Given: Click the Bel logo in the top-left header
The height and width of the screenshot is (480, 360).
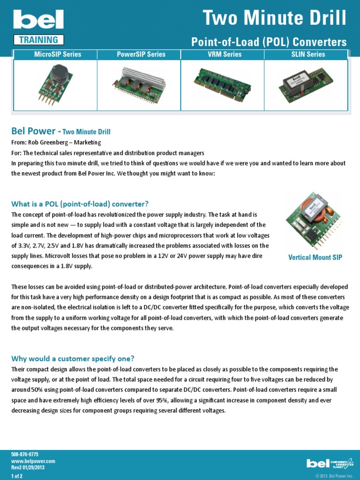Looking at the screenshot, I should [38, 20].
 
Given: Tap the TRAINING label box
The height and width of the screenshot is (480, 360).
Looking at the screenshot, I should [38, 40].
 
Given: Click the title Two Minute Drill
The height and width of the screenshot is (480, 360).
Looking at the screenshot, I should [275, 18].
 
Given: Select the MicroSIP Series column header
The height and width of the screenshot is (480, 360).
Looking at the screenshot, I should [58, 54].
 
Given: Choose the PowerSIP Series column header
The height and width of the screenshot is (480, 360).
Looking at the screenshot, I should [141, 54].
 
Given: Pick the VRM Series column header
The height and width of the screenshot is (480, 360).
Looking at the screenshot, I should [225, 54].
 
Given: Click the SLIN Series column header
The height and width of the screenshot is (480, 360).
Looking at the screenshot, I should [308, 54].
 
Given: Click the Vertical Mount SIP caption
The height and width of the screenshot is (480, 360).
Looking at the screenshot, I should [315, 257].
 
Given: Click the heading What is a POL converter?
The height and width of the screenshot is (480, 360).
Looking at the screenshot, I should [80, 204].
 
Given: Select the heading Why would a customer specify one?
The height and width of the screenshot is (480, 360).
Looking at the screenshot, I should [73, 359].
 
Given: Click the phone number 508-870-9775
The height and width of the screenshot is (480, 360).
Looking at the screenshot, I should [25, 455].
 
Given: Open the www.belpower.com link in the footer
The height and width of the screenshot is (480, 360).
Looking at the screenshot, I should [33, 461].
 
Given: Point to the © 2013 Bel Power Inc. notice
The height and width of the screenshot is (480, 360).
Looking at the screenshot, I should [334, 476].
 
